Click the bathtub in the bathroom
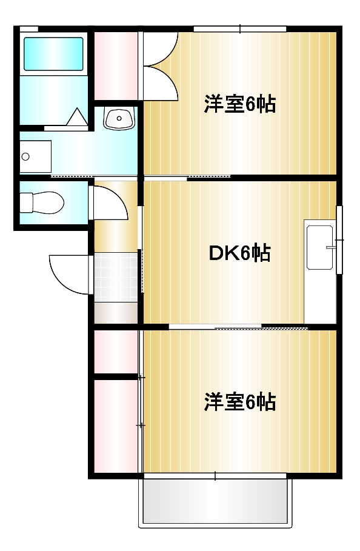[x=53, y=54]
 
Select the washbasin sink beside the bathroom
[x=118, y=118]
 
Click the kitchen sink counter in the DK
[x=320, y=247]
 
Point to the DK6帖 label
[x=240, y=253]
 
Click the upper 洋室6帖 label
[x=240, y=104]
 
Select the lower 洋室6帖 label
[x=240, y=401]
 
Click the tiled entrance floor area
[x=116, y=276]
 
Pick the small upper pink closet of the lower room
[x=116, y=352]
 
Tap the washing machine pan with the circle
[x=35, y=156]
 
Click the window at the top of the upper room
[x=239, y=28]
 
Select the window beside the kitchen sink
[x=339, y=241]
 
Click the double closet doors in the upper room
[x=159, y=65]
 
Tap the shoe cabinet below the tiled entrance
[x=116, y=312]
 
